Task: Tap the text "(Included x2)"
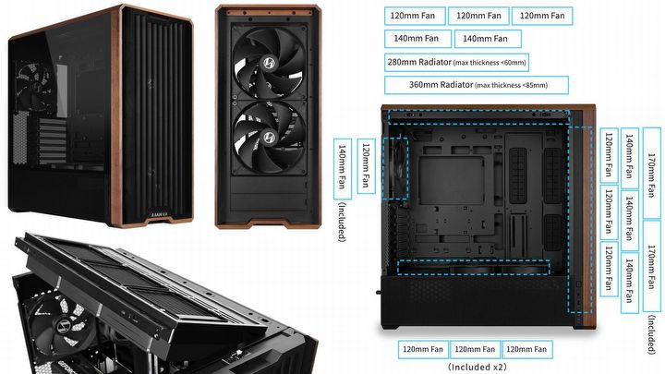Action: pos(477,367)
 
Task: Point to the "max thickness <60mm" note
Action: pos(490,63)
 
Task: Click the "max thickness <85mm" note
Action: pos(511,85)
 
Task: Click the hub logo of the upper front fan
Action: pos(268,63)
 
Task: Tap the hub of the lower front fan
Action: pos(268,137)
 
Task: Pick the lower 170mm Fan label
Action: pos(652,266)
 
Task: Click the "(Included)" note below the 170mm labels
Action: pos(652,335)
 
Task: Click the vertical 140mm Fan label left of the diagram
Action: pos(343,169)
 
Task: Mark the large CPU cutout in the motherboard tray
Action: pos(452,181)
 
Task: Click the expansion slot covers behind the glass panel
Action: pos(53,140)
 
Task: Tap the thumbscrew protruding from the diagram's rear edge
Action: pos(378,292)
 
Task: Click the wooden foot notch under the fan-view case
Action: pos(268,223)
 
